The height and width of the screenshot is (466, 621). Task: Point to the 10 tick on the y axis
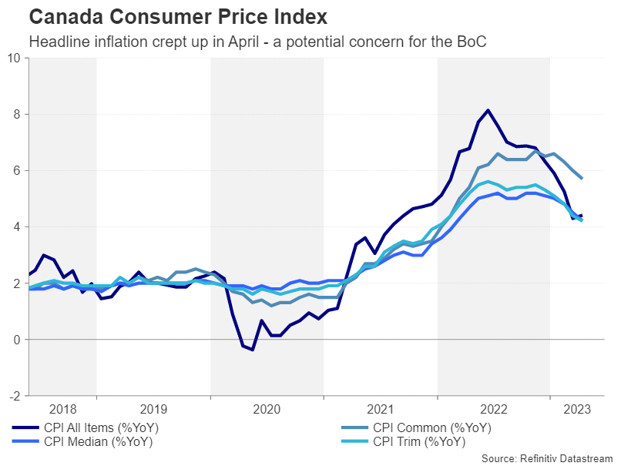pos(15,58)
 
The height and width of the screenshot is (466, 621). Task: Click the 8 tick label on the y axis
pos(18,114)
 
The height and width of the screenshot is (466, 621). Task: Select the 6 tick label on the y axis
pos(18,170)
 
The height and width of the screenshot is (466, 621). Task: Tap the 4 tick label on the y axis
pos(18,226)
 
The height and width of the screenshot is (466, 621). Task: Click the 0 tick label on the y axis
pos(18,340)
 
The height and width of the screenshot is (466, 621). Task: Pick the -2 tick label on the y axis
pos(15,396)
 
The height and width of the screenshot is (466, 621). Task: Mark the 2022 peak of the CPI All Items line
pos(488,110)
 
